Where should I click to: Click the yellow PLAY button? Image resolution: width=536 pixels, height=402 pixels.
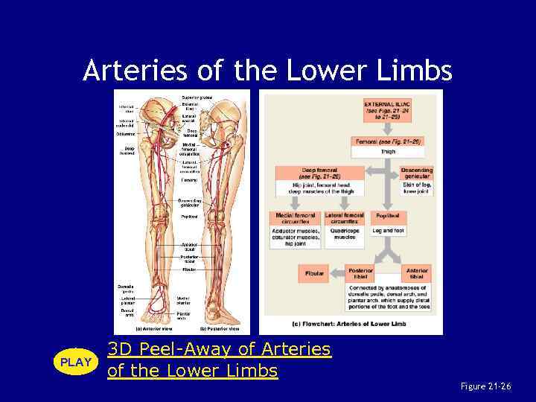coord(75,362)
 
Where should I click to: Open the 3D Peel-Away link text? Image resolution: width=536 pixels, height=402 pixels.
coord(219,350)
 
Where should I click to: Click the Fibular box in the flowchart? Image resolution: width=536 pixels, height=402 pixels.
coord(314,273)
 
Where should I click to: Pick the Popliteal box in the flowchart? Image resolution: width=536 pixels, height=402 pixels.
coord(386,217)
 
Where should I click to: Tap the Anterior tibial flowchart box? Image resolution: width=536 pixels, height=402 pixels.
coord(416,273)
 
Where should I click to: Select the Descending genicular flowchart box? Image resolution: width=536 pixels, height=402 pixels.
coord(416,173)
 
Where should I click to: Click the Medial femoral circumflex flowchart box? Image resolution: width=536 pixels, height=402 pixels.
coord(295,217)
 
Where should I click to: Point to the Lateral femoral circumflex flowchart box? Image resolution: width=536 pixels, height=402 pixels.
coord(345,217)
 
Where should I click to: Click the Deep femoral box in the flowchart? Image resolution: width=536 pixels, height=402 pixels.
coord(319,173)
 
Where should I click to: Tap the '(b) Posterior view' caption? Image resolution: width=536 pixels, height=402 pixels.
coord(220,328)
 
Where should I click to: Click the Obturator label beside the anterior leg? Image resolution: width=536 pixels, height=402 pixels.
coord(126,134)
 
